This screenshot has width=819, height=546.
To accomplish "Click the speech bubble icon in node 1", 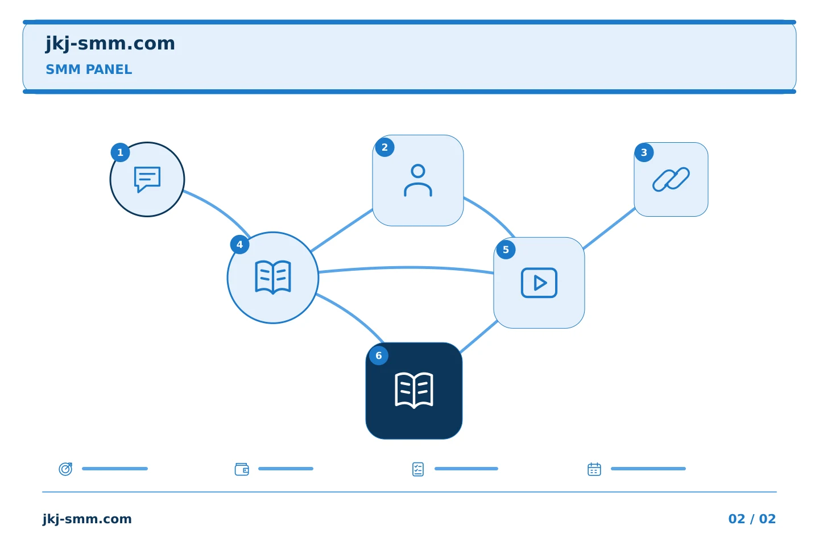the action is (147, 180).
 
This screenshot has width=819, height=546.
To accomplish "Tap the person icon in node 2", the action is (418, 181).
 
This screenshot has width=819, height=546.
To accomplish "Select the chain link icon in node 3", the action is (671, 179).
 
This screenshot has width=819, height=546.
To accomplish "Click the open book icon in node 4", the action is (273, 278).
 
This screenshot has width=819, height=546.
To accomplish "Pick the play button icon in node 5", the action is (539, 283).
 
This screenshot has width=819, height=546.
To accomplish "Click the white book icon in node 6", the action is (414, 390).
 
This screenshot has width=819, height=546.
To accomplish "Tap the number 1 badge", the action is (121, 152).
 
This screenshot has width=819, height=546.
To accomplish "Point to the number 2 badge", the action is (384, 147).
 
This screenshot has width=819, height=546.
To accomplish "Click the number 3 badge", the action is (644, 152).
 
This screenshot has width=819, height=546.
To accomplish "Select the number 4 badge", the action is (240, 245).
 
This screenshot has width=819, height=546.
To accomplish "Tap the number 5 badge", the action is (506, 250).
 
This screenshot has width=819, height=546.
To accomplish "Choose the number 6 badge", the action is (379, 355).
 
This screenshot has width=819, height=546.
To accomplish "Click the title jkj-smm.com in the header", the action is (110, 44).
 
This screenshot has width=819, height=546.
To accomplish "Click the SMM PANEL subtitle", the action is (89, 69).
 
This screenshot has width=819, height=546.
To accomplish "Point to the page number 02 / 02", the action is (752, 519).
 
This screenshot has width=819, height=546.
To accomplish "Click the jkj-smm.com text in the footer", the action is (87, 519).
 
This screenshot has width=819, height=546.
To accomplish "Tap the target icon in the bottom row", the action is (66, 469).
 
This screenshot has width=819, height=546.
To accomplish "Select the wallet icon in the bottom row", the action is (242, 469).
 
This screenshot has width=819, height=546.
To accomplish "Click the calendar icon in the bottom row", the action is (594, 469).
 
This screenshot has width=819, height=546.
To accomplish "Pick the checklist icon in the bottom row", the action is (418, 469).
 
